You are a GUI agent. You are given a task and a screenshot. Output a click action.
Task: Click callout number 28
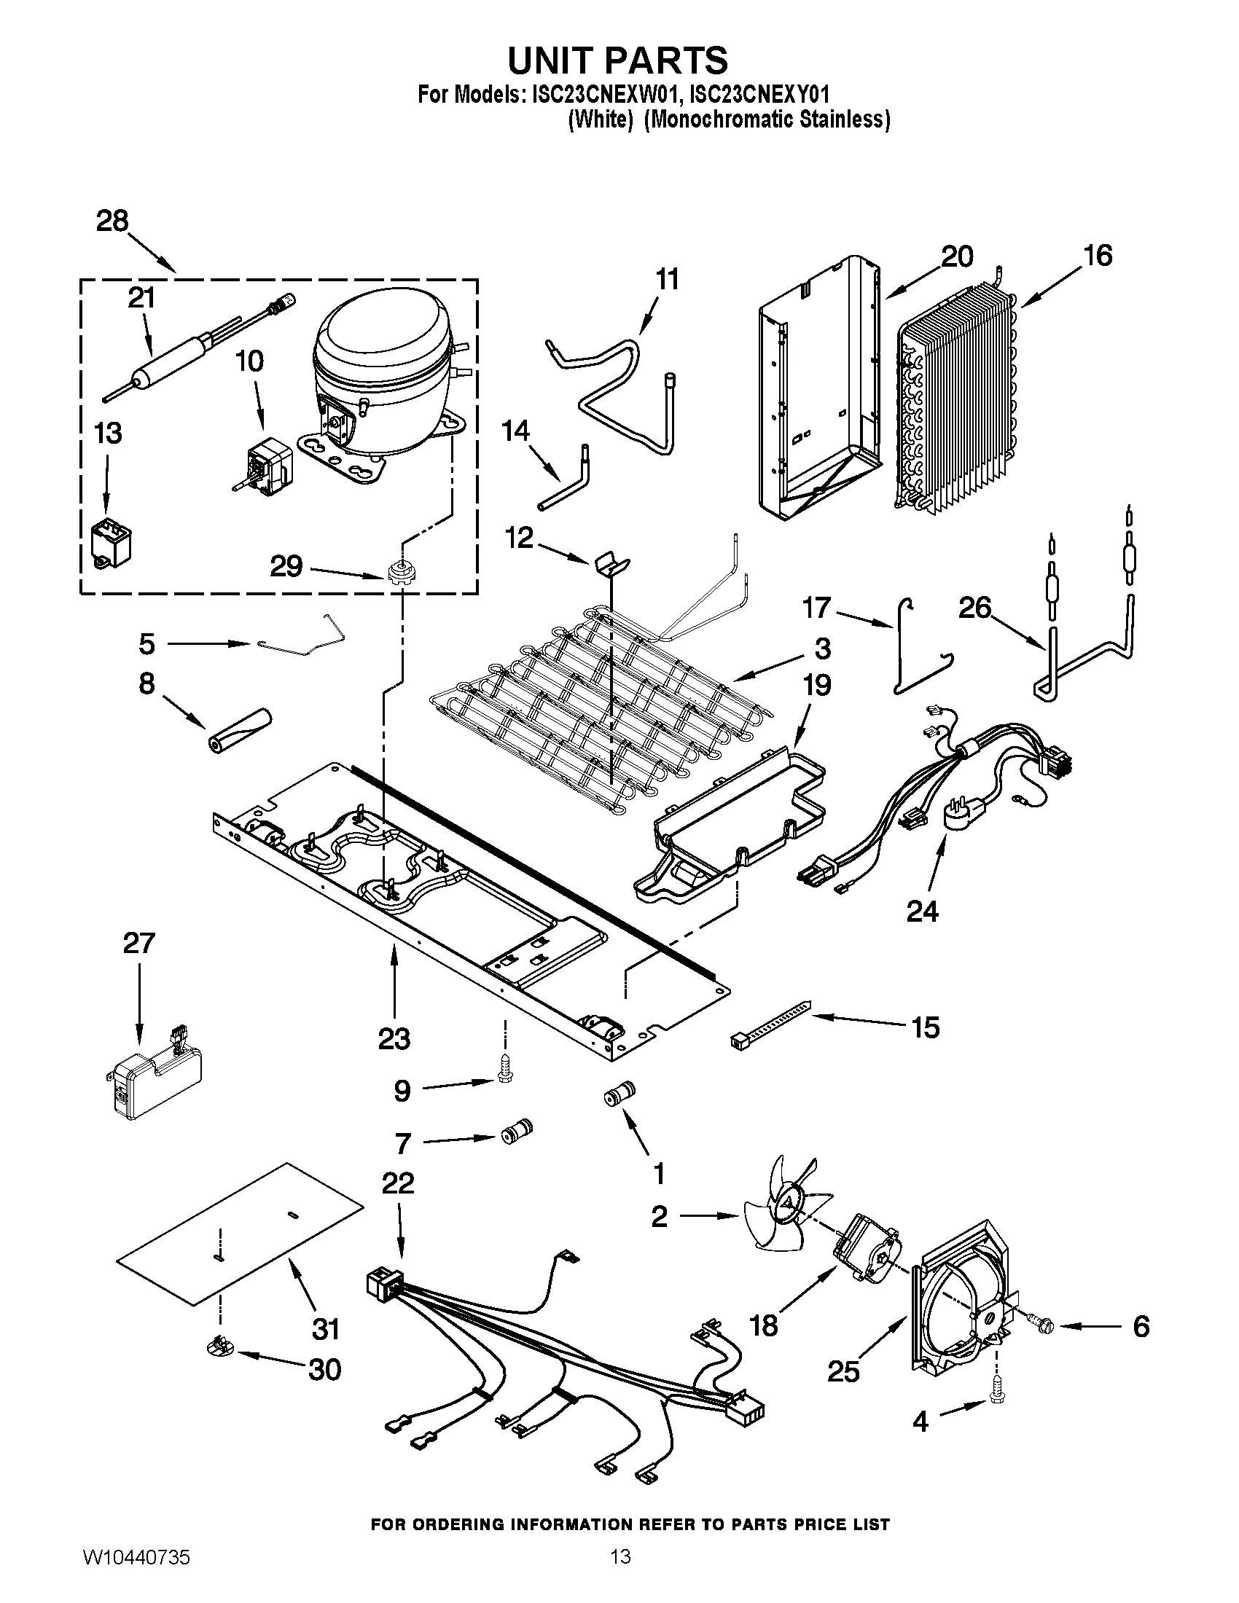pyautogui.click(x=112, y=221)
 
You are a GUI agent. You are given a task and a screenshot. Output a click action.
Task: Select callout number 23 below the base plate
pyautogui.click(x=394, y=1039)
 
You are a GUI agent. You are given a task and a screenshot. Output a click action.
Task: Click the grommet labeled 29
pyautogui.click(x=399, y=571)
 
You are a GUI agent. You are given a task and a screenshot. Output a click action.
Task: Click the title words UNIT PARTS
pyautogui.click(x=618, y=60)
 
